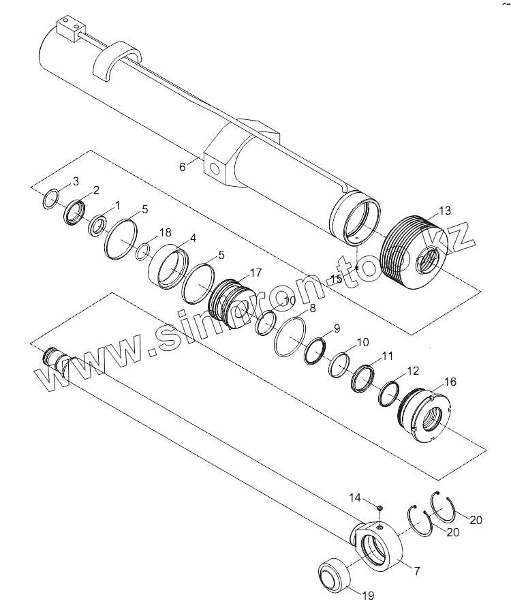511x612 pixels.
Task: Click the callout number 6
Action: [182, 167]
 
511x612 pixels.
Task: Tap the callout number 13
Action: [444, 211]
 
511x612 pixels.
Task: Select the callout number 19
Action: [368, 596]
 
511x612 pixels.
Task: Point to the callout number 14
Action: [355, 498]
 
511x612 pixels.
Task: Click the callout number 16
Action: [450, 382]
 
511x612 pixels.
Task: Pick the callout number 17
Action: [255, 273]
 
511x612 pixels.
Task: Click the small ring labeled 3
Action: [51, 199]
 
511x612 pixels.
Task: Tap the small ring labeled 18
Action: [143, 251]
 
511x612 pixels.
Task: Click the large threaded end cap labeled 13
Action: [411, 253]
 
